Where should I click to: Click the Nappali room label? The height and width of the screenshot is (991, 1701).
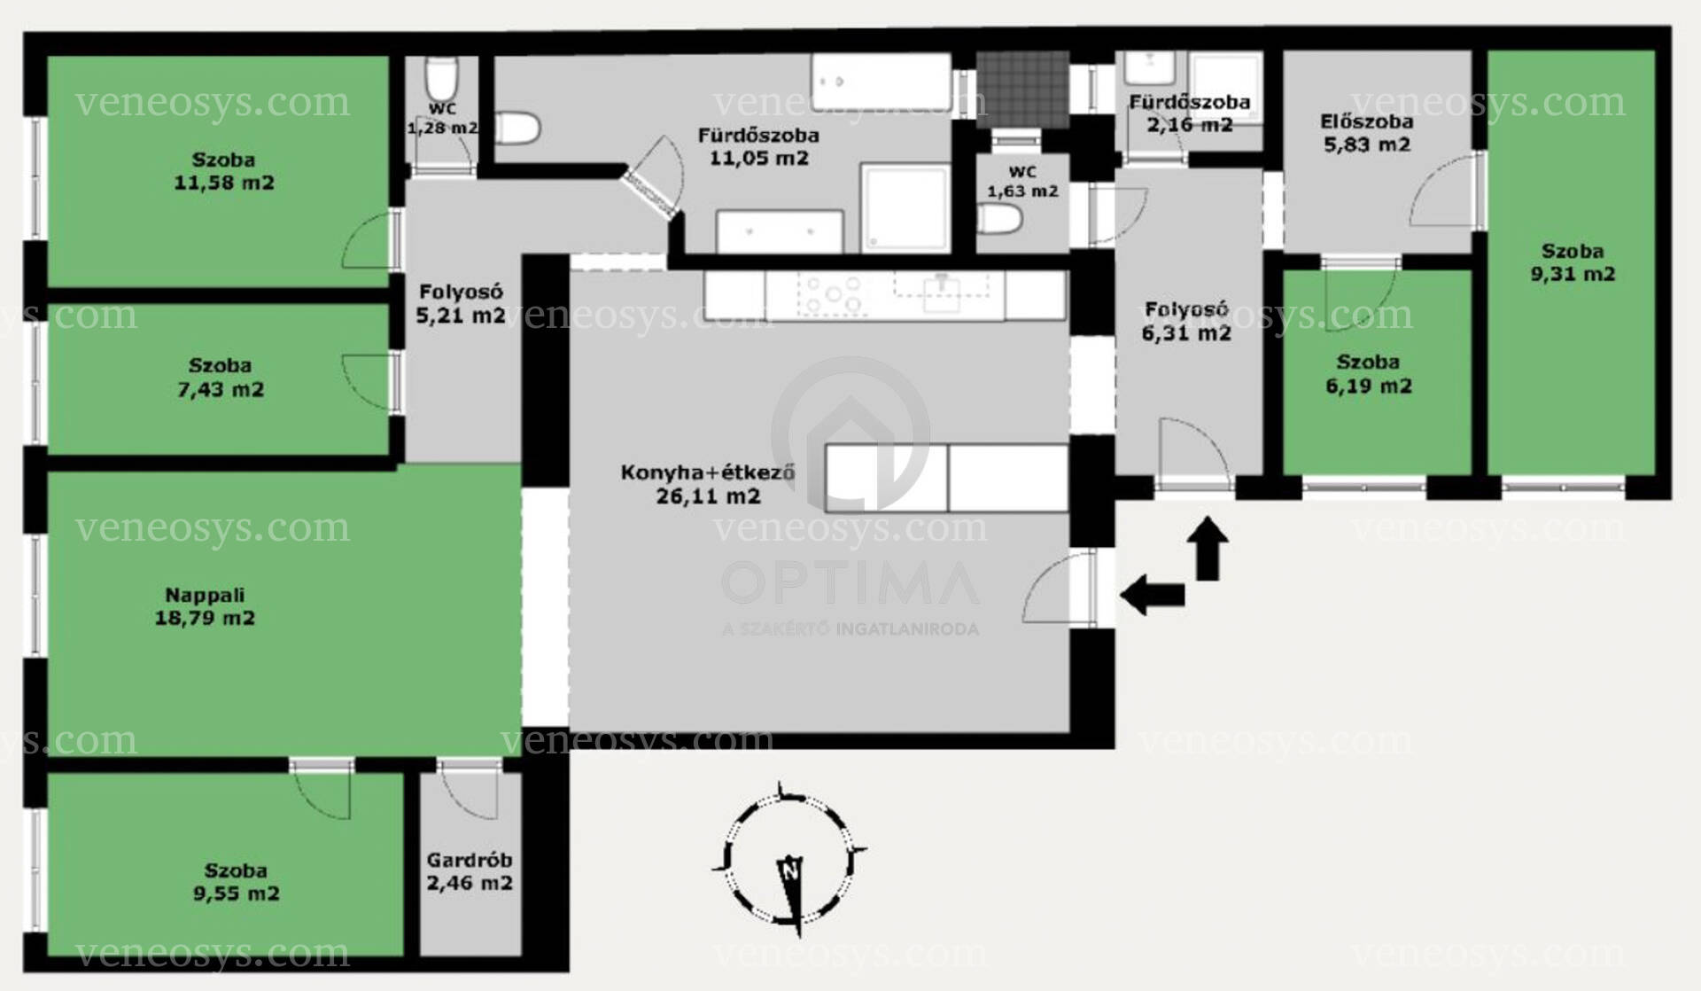[205, 596]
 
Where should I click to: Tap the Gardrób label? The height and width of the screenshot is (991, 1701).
[470, 860]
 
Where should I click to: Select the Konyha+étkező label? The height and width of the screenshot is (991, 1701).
[707, 472]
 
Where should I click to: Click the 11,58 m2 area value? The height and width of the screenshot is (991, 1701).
[224, 183]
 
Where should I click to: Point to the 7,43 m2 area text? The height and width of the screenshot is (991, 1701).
[221, 389]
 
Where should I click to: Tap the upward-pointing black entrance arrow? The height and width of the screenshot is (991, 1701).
[1211, 548]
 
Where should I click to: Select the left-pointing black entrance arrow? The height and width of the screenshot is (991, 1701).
[1152, 594]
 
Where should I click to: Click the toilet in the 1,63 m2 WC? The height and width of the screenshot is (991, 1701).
[1002, 219]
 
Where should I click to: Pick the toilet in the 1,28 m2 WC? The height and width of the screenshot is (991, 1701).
[441, 81]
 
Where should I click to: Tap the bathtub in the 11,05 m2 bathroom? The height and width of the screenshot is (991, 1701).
[881, 82]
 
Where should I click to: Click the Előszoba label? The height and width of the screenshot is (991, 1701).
[1367, 122]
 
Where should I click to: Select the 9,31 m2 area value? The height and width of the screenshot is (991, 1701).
[1573, 274]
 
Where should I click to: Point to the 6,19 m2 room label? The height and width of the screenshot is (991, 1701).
[1369, 374]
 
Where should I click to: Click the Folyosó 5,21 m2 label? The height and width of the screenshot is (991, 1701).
[461, 303]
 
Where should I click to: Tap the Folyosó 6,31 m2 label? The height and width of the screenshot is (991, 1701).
[1186, 321]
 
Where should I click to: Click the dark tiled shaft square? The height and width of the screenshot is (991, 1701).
[1022, 89]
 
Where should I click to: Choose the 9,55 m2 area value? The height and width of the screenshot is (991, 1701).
[237, 893]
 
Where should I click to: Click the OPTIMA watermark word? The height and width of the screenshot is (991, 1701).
[850, 583]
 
